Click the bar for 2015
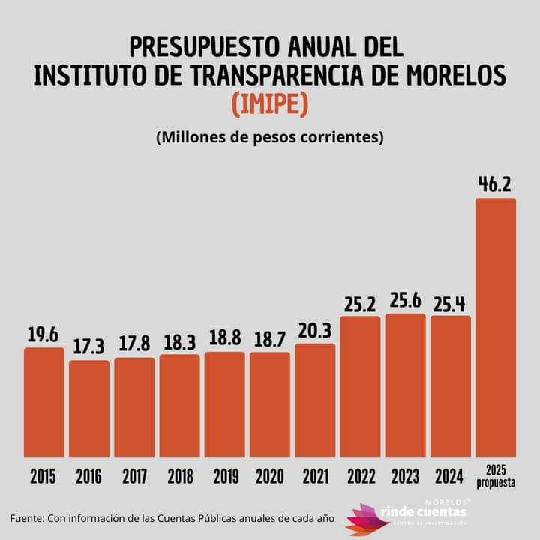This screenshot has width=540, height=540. coord(44,402)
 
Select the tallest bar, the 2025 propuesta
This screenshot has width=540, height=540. coord(496,328)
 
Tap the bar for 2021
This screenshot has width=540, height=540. coord(315,400)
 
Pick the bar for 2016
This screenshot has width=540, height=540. coord(89,409)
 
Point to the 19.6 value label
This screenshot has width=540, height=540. coord(43,335)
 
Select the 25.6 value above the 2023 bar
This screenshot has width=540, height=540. coord(405,301)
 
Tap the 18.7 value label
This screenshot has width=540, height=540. coord(270,340)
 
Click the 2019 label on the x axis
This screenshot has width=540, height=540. coord(225,476)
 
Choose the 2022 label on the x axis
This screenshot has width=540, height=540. coord(360,476)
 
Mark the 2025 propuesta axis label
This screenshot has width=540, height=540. coord(496,476)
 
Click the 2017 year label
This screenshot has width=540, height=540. coord(134,476)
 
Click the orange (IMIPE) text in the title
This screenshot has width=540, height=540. coord(270,103)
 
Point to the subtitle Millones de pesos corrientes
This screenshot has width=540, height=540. coord(270,139)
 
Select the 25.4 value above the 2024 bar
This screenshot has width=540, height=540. coord(450,303)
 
